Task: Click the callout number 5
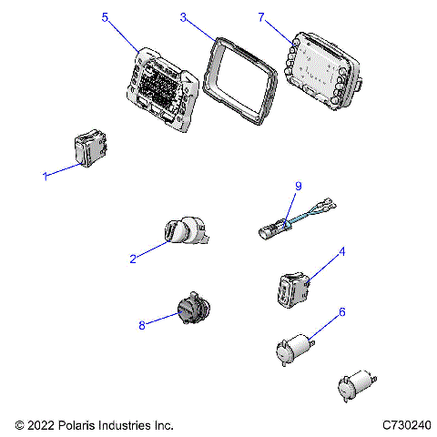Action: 105,17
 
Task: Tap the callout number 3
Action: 183,17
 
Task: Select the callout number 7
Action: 261,17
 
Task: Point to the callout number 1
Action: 46,176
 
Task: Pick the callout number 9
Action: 299,186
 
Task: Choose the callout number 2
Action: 133,259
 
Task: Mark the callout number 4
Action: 342,251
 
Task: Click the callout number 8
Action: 142,325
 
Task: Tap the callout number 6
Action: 342,311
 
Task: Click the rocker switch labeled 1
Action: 90,148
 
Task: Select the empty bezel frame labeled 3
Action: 239,81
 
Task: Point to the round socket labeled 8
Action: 194,308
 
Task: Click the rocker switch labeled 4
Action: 294,290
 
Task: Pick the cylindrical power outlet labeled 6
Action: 295,350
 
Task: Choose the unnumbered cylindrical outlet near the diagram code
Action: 357,386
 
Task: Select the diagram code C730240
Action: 406,425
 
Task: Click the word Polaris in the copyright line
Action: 76,425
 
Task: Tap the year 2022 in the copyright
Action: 41,425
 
